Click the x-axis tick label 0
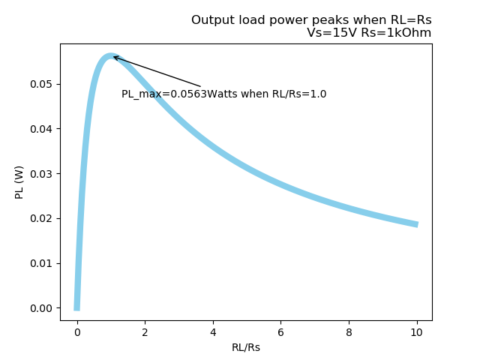(77, 332)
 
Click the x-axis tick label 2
(145, 332)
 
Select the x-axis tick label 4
(213, 332)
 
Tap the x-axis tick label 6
(281, 332)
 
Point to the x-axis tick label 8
(349, 332)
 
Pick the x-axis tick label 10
(417, 332)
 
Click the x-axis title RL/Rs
(246, 347)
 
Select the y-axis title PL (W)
(20, 181)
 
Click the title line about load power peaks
(311, 20)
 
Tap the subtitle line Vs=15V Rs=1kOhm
(369, 33)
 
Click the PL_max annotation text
(223, 94)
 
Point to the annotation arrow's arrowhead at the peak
(113, 57)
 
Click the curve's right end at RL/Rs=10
(417, 224)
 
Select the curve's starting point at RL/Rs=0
(77, 307)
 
